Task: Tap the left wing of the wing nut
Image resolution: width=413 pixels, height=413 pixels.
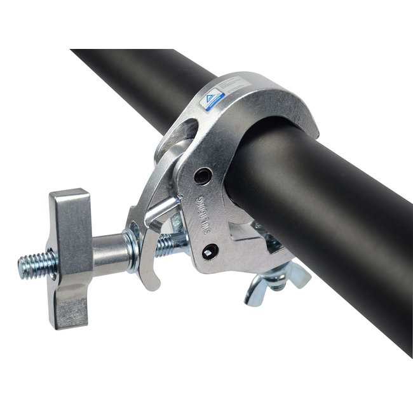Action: pos(258,290)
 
